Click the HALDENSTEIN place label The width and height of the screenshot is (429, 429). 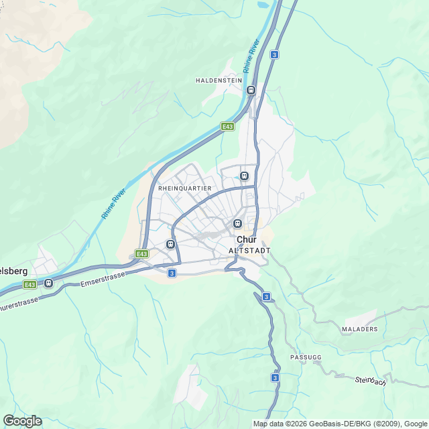219,80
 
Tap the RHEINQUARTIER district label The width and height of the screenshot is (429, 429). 185,189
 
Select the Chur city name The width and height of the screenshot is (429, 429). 247,239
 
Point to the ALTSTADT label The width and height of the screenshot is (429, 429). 249,250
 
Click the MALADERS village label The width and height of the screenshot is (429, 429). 359,329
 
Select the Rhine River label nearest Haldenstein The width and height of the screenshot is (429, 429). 251,58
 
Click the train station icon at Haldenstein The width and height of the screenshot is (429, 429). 251,90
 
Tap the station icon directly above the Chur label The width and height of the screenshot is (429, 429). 237,223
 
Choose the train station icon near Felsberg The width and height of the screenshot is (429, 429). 49,283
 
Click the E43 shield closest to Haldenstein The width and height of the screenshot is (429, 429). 228,126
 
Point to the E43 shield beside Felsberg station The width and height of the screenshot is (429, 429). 29,284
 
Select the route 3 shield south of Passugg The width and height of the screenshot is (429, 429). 275,378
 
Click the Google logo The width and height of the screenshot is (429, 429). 22,421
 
